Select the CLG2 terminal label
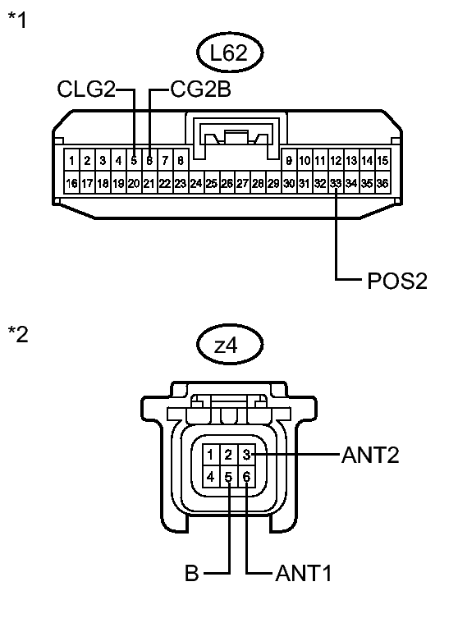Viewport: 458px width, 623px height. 86,89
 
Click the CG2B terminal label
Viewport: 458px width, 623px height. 200,89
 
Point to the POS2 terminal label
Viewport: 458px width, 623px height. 396,281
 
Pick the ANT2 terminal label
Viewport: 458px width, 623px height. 370,455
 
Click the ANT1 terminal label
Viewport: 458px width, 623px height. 303,573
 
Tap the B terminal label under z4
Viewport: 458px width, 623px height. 192,573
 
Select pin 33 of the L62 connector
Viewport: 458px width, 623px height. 336,183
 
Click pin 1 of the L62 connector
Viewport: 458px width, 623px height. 71,160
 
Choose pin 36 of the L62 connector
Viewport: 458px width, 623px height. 382,183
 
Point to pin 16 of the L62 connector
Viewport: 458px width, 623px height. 71,183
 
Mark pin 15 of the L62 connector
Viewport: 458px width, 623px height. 382,160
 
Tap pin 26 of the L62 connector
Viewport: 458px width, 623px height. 227,183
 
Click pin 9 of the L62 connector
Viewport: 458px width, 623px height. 289,160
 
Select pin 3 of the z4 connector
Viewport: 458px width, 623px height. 247,454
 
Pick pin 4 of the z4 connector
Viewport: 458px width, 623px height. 211,476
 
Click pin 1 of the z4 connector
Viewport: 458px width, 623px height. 211,454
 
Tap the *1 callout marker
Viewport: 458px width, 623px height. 17,20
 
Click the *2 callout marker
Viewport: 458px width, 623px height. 18,334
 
